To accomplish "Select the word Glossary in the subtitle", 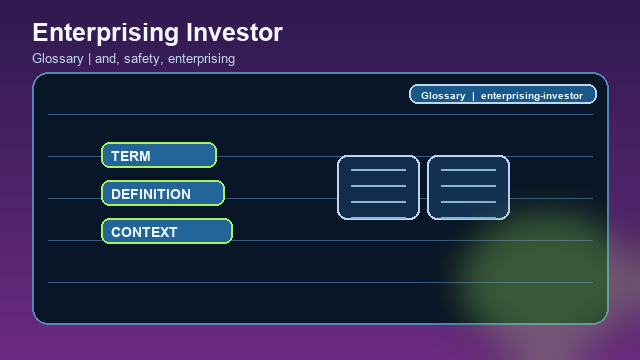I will click(57, 59).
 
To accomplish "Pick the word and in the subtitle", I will click(106, 59).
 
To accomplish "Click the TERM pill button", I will click(159, 155).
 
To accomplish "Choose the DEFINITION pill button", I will click(163, 193).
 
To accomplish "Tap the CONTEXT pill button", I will click(167, 231).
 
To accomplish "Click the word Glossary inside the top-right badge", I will click(443, 96).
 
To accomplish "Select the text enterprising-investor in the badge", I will click(531, 96).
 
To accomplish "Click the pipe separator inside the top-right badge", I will click(473, 96).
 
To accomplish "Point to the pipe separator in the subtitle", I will click(89, 59).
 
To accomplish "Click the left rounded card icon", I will click(378, 187).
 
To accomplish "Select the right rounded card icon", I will click(468, 187).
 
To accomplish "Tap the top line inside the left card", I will click(378, 171).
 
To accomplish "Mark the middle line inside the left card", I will click(378, 187).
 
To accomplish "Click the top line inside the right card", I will click(468, 171).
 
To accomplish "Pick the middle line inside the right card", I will click(468, 187).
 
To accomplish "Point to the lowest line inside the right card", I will click(468, 203).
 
